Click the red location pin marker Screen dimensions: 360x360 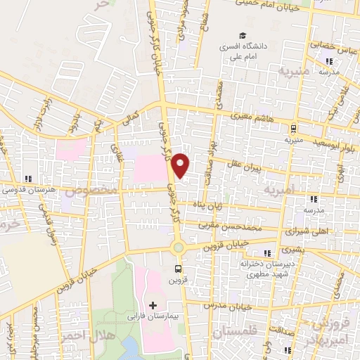(x=181, y=165)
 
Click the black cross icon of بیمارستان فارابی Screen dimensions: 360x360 (x=153, y=305)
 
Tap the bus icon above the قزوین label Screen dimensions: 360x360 (x=178, y=268)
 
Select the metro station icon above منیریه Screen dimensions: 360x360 (x=292, y=128)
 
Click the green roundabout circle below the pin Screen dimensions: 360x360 (x=179, y=246)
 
